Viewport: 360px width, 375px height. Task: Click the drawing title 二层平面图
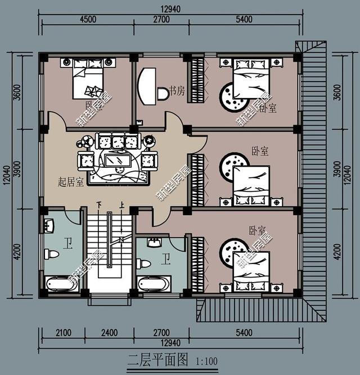[x=158, y=359]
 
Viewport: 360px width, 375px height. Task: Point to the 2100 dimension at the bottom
[x=63, y=333]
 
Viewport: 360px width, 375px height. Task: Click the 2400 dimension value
[x=110, y=333]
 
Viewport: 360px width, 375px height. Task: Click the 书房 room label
[x=177, y=91]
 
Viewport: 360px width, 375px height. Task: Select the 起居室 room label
[x=71, y=182]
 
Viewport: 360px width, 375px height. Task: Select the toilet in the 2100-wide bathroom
[x=53, y=255]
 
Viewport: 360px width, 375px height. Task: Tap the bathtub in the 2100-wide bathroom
[x=61, y=284]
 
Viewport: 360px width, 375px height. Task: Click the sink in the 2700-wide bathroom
[x=154, y=243]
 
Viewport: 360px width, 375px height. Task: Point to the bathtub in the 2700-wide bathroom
[x=153, y=284]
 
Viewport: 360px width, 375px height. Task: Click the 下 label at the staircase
[x=100, y=205]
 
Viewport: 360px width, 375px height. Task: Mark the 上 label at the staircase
[x=121, y=205]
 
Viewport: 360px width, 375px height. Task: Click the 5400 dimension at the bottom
[x=244, y=333]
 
